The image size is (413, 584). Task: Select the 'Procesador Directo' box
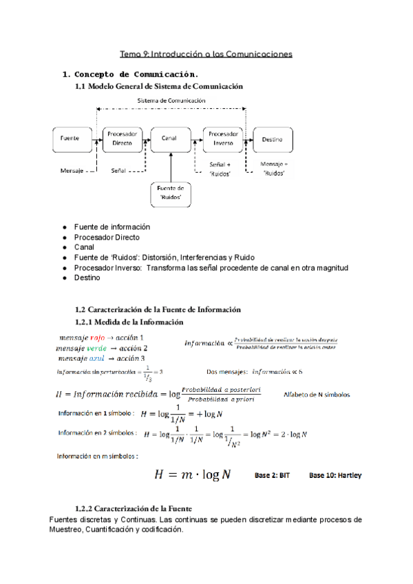[123, 138]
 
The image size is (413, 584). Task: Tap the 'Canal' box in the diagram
[169, 138]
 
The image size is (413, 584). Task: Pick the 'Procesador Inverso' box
[223, 138]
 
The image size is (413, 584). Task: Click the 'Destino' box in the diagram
[272, 138]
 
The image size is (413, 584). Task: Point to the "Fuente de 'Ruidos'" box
[171, 192]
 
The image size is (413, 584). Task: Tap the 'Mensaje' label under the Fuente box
[72, 170]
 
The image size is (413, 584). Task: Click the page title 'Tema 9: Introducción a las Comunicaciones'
[206, 53]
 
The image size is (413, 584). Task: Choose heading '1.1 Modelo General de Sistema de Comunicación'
[160, 87]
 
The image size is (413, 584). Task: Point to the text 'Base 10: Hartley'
[335, 475]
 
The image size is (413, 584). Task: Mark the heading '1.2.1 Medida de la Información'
[129, 322]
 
